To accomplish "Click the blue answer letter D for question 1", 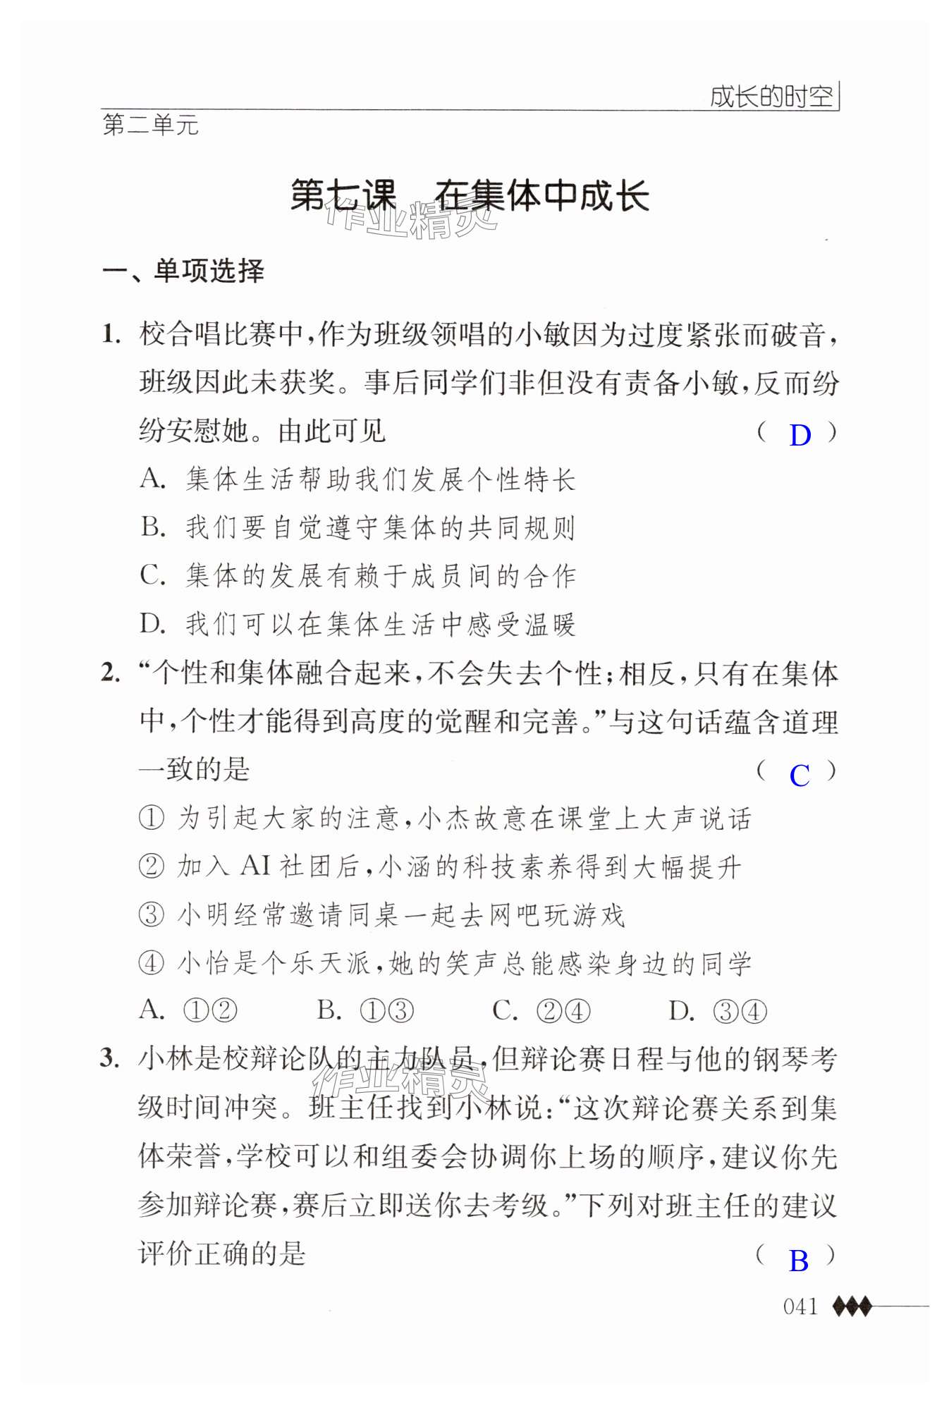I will (x=800, y=435).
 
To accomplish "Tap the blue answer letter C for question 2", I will (x=800, y=775).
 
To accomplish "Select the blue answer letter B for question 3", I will (x=799, y=1261).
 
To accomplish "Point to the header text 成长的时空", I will (x=771, y=97).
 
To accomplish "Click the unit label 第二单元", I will (x=151, y=125).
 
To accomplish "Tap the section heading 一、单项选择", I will (x=183, y=271).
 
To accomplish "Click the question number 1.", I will (x=111, y=333).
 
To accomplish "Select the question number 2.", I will (x=111, y=673).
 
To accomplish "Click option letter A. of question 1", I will (x=152, y=479).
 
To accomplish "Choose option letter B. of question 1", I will (x=152, y=527).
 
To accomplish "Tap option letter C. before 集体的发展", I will (x=152, y=575).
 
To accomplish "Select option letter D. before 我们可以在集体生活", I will (x=152, y=623).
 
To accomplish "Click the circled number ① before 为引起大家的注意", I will (x=152, y=819).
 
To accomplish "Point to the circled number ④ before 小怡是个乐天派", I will (x=152, y=963).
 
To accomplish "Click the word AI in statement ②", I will (x=255, y=866).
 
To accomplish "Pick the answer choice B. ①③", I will (x=365, y=1012).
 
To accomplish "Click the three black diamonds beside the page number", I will (x=852, y=1306).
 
